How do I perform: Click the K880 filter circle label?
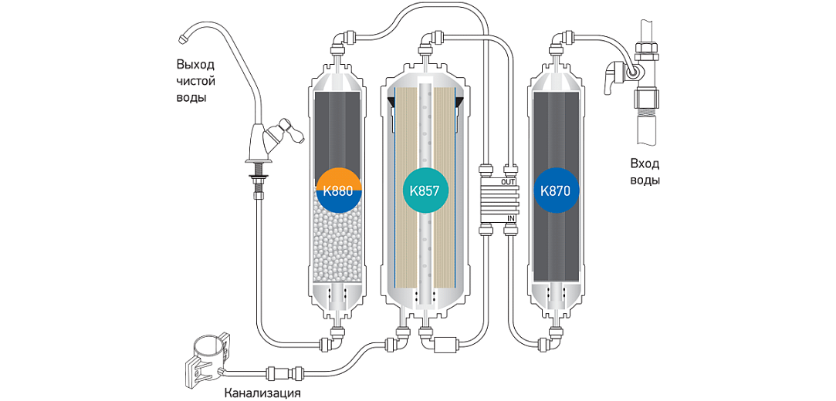340,190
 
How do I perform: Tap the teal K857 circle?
425,190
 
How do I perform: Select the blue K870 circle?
556,190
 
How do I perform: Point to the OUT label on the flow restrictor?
507,182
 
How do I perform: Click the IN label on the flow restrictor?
509,218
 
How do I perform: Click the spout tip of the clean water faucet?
182,38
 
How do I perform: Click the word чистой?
195,82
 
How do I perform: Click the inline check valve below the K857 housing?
445,345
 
